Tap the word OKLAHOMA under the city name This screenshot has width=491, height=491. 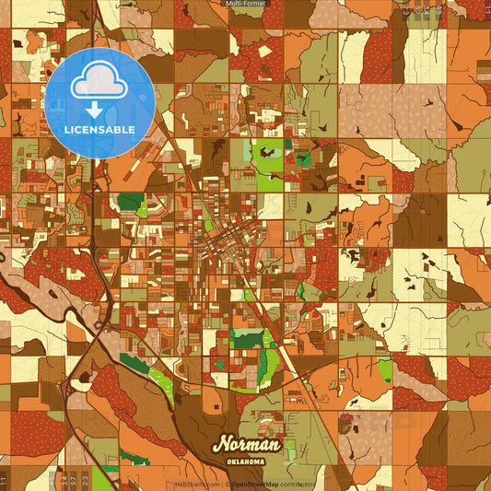tap(244, 461)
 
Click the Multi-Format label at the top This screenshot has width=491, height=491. tap(245, 5)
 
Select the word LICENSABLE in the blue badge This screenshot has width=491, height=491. tap(100, 130)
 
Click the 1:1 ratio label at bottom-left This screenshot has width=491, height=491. tap(4, 480)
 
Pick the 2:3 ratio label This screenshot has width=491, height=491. tap(85, 480)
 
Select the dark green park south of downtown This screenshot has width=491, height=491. tap(247, 340)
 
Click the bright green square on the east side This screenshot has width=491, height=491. tap(383, 370)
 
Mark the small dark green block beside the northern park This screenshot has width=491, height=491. tap(303, 158)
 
